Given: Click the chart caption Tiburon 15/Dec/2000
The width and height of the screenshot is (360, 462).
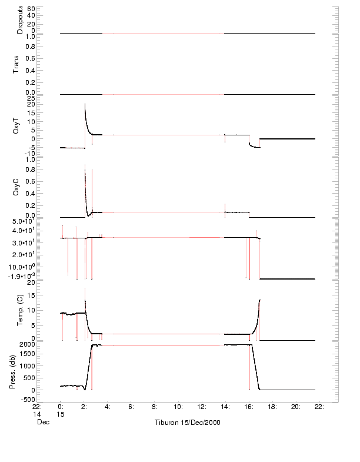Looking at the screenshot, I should point(187,423).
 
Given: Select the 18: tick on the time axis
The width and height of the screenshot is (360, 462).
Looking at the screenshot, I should point(272,406).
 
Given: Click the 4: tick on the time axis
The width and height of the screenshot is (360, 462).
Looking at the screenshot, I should point(108,406).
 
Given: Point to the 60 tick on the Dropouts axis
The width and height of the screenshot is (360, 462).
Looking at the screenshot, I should point(31,9).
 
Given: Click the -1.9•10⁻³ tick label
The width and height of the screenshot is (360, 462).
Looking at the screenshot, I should point(23,275).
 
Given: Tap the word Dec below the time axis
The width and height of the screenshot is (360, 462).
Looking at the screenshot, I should point(40,423).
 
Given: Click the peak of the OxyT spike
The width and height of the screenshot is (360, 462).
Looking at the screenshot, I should point(85,104).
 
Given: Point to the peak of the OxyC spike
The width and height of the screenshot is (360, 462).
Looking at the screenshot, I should point(85,165).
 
